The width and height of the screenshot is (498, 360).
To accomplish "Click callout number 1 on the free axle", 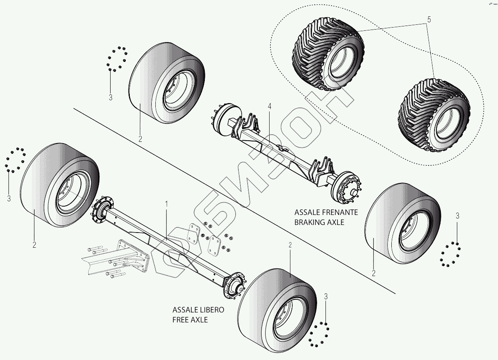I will (x=167, y=203).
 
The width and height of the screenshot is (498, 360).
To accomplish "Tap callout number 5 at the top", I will (x=429, y=19).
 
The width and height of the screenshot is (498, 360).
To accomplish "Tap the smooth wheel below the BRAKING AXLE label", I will (x=403, y=224).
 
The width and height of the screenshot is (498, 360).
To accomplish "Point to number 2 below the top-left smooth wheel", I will (x=140, y=139).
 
